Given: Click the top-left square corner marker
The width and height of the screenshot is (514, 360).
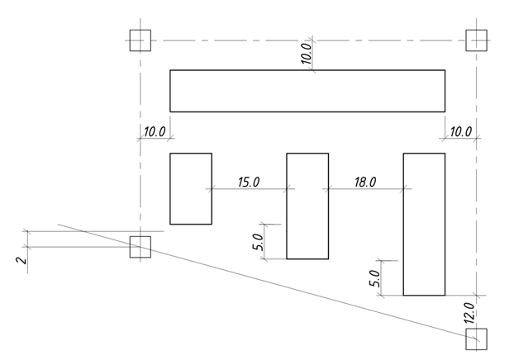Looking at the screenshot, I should [140, 40].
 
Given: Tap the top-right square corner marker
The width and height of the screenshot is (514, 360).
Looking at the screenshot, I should [476, 40].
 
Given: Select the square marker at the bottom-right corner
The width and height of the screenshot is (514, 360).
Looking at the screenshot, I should [476, 339].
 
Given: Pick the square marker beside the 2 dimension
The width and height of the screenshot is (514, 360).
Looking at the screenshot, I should [140, 246].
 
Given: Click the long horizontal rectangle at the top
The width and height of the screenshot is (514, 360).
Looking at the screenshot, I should [307, 91].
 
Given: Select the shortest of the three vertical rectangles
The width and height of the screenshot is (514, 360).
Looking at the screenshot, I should [191, 188].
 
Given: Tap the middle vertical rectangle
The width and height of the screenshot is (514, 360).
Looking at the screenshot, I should [307, 206].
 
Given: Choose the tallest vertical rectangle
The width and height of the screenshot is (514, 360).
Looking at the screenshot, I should [424, 224].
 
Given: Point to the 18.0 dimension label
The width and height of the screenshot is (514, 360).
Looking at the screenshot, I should [365, 182].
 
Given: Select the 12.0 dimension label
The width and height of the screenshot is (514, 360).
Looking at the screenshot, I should [469, 314].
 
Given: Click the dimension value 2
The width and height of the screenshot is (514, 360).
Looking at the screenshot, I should [22, 260].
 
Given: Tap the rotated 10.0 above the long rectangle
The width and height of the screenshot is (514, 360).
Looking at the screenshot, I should [306, 53].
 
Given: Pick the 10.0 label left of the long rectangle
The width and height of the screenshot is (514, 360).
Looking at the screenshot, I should [155, 131].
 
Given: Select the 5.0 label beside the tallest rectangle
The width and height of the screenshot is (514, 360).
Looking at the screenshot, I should [374, 278].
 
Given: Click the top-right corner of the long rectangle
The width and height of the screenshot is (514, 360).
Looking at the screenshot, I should [445, 70].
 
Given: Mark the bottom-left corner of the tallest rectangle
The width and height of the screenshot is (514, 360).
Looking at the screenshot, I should [403, 295].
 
